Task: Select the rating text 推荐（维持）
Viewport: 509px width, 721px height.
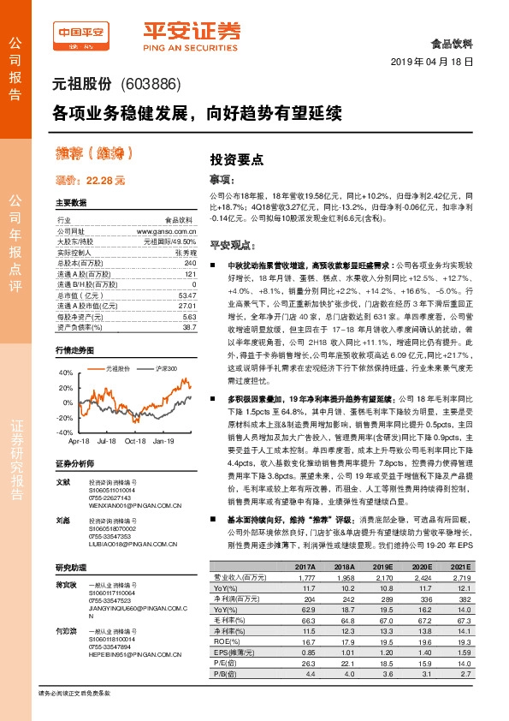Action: (x=93, y=154)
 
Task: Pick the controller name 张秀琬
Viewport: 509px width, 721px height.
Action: (x=186, y=252)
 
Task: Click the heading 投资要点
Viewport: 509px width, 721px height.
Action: (x=237, y=159)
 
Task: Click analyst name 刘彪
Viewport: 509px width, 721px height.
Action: (x=62, y=519)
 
